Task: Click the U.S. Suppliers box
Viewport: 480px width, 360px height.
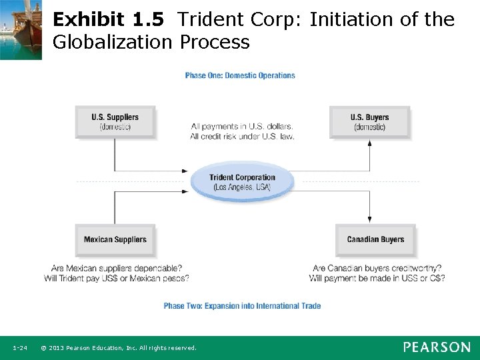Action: (115, 122)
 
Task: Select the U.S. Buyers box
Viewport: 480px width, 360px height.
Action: (369, 122)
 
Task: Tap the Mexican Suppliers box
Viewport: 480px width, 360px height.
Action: (115, 240)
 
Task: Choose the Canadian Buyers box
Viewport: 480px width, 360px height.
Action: (375, 240)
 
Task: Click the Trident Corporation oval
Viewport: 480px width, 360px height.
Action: (241, 182)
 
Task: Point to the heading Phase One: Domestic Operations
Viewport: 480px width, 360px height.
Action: (240, 75)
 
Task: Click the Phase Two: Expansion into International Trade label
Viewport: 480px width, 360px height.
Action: (242, 306)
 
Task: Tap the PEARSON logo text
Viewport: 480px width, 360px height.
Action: (436, 347)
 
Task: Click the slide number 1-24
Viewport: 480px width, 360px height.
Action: (19, 348)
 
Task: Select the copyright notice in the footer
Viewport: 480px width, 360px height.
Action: (119, 348)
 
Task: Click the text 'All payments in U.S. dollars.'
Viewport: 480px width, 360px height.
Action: (241, 126)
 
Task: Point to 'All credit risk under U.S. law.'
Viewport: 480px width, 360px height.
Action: (241, 136)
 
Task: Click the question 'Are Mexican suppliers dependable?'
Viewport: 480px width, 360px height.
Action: (117, 269)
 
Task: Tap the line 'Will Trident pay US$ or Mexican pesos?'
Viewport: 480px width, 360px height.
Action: (117, 278)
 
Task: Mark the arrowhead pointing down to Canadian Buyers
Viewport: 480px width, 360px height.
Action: (370, 220)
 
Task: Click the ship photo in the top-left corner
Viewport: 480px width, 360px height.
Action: (21, 29)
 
